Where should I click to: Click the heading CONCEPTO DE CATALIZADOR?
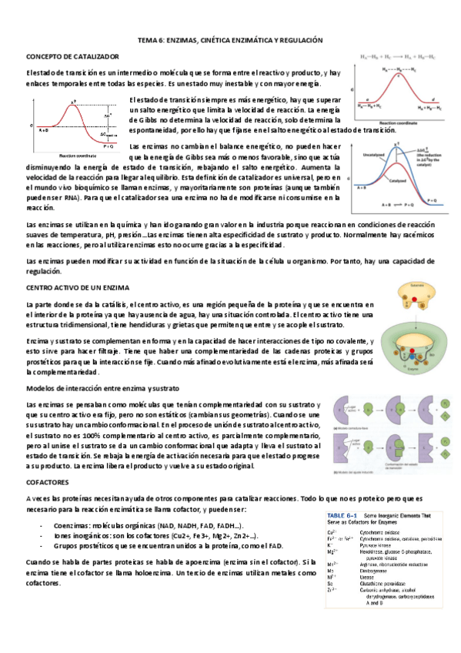(x=72, y=57)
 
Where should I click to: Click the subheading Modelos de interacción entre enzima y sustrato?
(x=102, y=388)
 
